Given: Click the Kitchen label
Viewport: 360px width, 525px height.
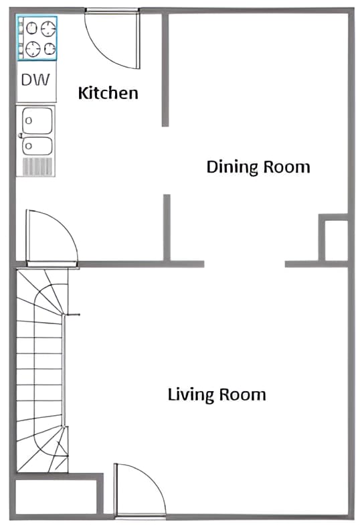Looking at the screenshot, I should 108,92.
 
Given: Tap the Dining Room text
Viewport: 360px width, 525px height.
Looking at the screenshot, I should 258,166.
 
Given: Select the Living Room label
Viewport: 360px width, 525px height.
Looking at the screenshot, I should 216,394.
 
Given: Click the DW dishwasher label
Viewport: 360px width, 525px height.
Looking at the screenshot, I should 35,80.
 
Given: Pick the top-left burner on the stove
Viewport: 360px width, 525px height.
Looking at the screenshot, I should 31,28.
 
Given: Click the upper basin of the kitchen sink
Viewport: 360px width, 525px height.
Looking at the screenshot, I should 37,121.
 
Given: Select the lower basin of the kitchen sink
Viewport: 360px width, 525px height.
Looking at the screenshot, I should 37,146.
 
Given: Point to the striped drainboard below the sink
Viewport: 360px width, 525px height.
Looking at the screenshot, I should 37,166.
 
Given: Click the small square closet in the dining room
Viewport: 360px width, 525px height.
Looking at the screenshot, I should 333,240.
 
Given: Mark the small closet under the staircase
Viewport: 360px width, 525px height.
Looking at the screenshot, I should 56,496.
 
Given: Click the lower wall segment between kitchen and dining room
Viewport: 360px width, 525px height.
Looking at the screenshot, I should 167,228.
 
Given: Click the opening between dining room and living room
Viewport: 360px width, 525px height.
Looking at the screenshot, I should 244,264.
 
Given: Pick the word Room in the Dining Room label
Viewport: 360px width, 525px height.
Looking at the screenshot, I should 288,166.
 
